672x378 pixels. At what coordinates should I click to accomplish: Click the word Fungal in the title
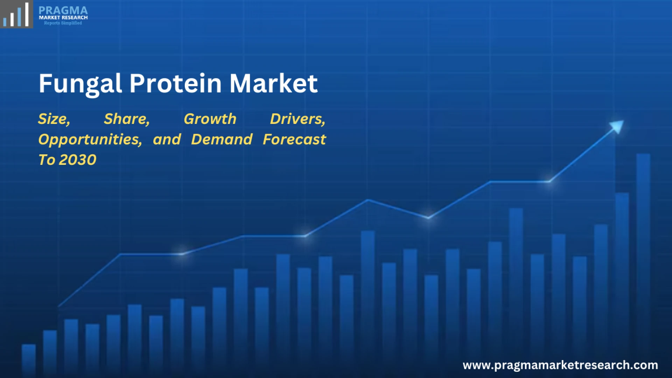click(80, 84)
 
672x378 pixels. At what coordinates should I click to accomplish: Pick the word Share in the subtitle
click(127, 119)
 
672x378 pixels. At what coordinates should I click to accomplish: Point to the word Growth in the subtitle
click(210, 119)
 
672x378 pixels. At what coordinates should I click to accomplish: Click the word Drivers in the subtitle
click(297, 119)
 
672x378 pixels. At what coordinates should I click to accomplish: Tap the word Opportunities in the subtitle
click(90, 140)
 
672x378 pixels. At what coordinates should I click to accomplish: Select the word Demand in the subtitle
click(222, 139)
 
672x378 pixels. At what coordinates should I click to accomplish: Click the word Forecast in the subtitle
click(294, 139)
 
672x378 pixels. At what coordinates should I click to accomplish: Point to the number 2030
click(78, 160)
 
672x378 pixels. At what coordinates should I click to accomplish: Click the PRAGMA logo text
click(63, 10)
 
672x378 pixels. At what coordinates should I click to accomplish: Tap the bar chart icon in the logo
click(16, 15)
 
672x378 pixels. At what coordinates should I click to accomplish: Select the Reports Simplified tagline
click(63, 23)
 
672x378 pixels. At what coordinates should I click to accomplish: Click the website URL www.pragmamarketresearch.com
click(560, 365)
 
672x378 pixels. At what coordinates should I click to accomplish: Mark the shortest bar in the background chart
click(29, 360)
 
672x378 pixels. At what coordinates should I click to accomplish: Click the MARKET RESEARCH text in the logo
click(63, 17)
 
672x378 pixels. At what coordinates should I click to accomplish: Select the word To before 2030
click(47, 160)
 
